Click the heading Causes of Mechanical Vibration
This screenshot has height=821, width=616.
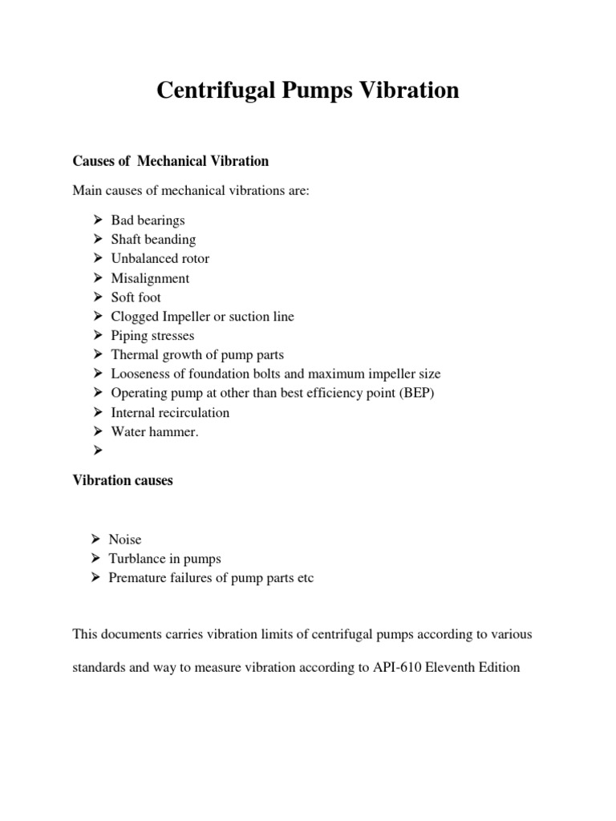coord(170,161)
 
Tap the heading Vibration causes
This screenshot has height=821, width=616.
coord(123,482)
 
